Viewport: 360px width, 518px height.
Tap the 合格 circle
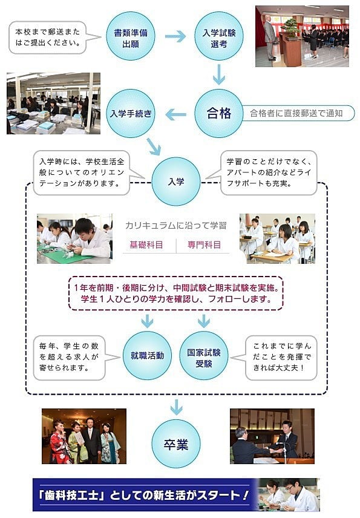(218, 113)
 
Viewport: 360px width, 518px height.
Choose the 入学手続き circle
(131, 113)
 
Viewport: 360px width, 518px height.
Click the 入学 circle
(176, 182)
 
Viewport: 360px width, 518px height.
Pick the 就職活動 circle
(147, 355)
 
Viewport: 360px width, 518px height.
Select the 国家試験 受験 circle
(204, 355)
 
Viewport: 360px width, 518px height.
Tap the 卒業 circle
(176, 444)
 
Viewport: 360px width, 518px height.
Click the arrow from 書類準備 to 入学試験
(175, 36)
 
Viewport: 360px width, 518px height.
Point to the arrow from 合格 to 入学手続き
(175, 115)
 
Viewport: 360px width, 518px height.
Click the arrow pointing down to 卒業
(176, 407)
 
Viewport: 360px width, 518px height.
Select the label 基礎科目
(146, 245)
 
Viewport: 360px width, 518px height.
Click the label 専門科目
(204, 245)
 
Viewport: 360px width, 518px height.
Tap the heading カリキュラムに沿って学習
(176, 226)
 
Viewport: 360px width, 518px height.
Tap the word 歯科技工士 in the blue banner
(72, 495)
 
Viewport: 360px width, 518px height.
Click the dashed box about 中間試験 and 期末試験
(175, 293)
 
